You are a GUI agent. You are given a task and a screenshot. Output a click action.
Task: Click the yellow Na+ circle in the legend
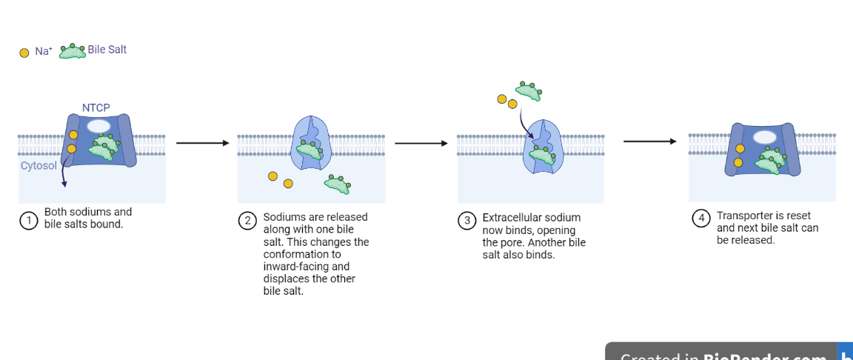coord(24,53)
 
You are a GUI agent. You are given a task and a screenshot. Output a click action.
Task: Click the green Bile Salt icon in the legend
coord(73,51)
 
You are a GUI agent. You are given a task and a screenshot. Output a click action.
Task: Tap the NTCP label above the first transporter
coord(96,107)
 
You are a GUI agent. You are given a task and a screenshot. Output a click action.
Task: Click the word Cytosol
coord(39,165)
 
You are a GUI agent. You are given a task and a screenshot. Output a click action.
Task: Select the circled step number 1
coord(29,220)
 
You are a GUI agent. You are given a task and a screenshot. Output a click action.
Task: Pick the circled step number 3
coord(466,221)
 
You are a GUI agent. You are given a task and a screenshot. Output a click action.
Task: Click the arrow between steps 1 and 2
coord(202,143)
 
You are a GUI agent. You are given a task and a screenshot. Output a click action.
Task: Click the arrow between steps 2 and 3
coord(421,143)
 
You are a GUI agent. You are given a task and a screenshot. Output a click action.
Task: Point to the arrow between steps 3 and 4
coord(649,141)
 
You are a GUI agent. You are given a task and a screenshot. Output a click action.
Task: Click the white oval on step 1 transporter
coord(98,126)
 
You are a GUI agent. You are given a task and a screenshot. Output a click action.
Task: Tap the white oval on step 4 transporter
coord(765,137)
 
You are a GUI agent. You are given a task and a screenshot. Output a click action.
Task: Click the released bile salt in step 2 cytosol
coord(338,184)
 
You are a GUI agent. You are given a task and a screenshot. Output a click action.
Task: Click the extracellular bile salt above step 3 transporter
coord(529,90)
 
